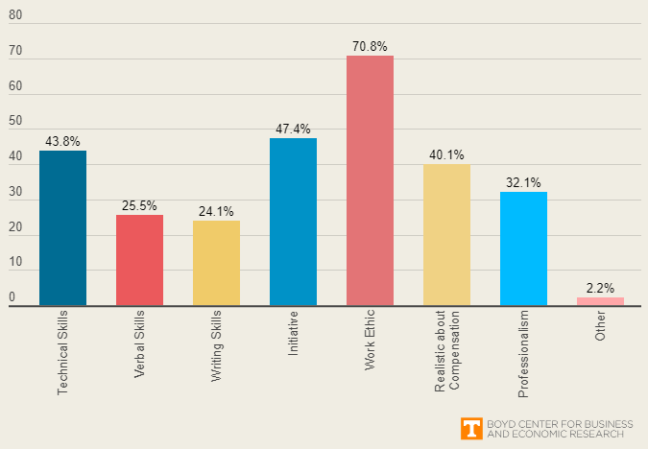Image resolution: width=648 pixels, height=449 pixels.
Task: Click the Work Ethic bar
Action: [370, 180]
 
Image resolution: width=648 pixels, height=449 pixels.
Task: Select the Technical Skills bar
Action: [62, 227]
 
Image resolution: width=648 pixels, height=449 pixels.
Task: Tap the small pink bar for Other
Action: [600, 301]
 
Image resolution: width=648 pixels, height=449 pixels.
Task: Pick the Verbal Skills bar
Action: [139, 260]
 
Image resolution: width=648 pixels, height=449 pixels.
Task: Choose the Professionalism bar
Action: [523, 248]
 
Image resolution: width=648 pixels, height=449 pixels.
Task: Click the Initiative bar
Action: [293, 222]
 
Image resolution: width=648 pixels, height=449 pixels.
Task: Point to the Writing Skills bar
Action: [216, 263]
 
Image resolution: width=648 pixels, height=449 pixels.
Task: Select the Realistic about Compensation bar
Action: [446, 235]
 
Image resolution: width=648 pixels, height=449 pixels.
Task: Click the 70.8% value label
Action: [370, 46]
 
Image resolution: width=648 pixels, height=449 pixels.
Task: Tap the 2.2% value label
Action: [600, 288]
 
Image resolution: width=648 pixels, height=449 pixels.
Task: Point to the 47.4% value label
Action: [293, 129]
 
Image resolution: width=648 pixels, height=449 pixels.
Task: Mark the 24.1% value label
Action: [216, 211]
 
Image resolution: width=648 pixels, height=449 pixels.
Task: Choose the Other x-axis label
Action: [600, 326]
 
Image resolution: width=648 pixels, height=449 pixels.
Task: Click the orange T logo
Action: [471, 428]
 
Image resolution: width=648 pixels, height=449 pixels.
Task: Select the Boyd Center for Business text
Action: [555, 422]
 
